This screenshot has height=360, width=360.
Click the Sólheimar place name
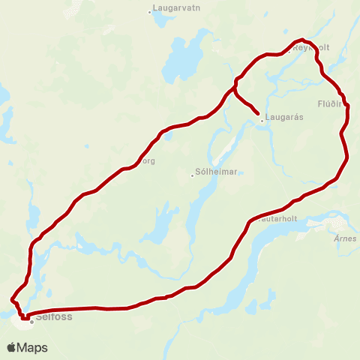pos(216,172)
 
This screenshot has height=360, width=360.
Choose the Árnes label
pos(346,238)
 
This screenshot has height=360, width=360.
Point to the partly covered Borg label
pos(148,160)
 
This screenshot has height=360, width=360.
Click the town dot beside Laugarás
pos(262,119)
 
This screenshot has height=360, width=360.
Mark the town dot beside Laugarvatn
pos(150,11)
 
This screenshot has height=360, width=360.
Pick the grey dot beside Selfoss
pos(32,322)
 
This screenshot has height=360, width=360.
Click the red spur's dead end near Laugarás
pos(259,114)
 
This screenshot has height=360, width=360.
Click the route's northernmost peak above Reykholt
pos(301,40)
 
